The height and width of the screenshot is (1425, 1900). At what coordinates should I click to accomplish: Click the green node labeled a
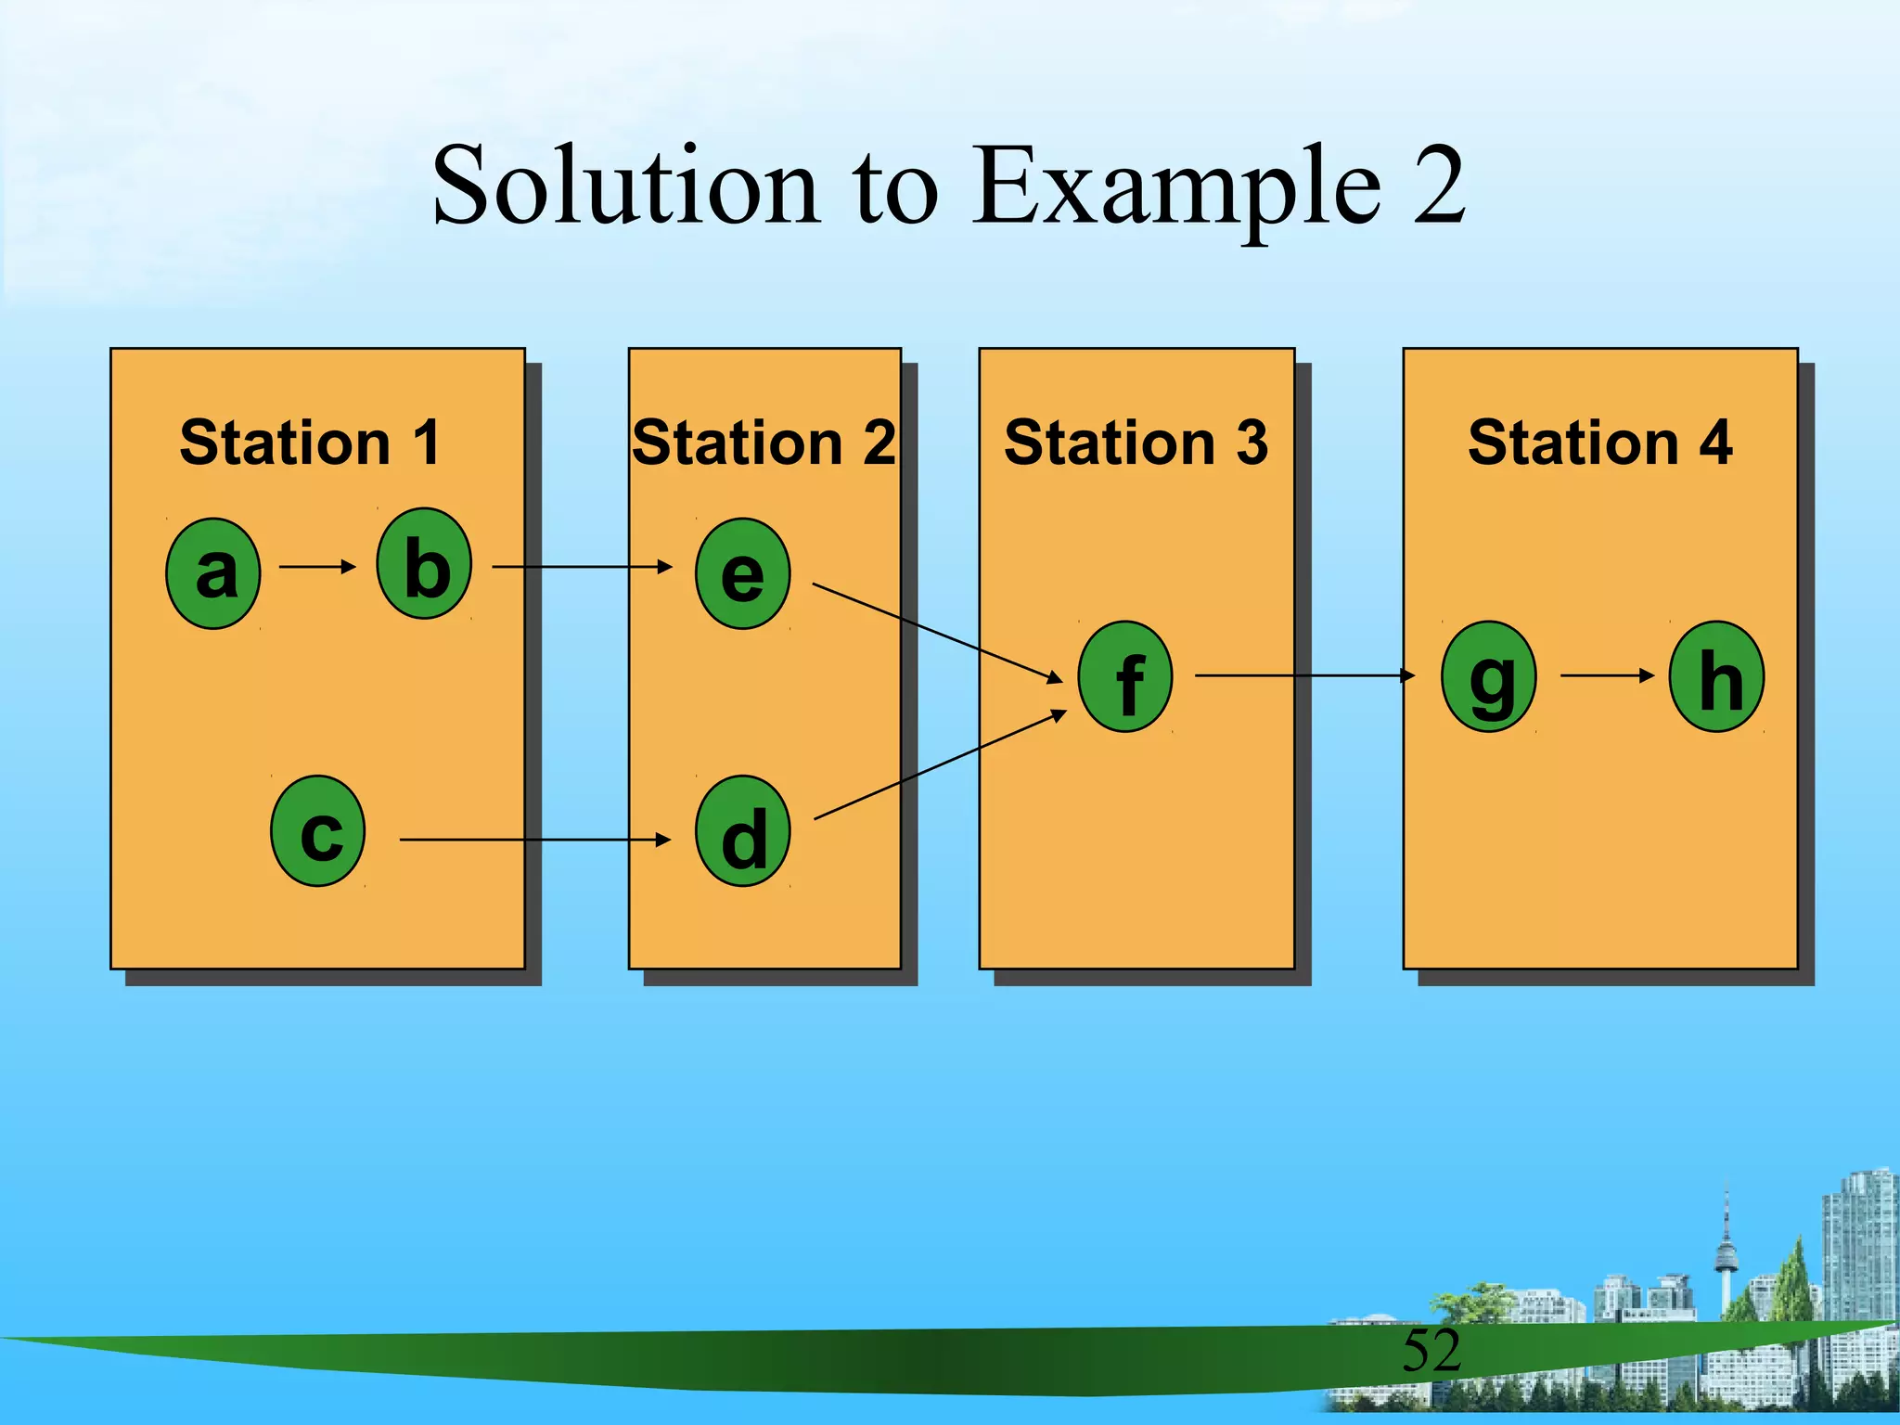point(213,573)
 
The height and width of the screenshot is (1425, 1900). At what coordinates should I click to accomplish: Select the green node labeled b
point(424,563)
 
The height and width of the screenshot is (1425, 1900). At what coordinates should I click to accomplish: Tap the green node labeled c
point(318,830)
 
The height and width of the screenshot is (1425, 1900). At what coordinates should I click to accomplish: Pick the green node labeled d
point(743,830)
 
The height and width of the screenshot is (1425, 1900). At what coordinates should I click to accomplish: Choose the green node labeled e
point(743,573)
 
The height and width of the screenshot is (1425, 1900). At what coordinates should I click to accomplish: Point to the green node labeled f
point(1125,676)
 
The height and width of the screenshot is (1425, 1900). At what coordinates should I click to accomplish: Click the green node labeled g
point(1489,676)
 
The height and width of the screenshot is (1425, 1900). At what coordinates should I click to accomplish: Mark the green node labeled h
point(1716,676)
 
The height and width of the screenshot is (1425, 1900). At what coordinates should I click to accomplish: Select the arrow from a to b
point(317,566)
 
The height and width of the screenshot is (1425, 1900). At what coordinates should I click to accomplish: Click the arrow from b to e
point(582,566)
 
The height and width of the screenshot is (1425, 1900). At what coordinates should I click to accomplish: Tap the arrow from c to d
point(534,840)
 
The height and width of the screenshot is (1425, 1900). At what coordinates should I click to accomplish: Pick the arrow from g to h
point(1607,675)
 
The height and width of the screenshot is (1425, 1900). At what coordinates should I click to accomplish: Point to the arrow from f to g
point(1303,675)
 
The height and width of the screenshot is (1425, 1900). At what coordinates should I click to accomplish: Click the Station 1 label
point(310,443)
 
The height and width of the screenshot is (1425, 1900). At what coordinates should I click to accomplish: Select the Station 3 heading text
point(1136,443)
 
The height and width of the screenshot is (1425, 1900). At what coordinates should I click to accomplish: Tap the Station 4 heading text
point(1599,443)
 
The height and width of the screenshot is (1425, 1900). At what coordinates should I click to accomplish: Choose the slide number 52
point(1431,1350)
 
